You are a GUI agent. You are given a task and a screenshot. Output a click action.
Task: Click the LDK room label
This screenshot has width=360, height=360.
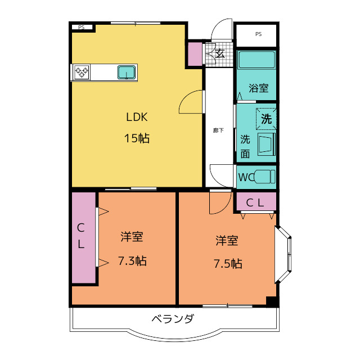tap(137, 117)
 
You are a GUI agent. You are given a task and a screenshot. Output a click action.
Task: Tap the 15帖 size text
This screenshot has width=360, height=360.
tap(137, 138)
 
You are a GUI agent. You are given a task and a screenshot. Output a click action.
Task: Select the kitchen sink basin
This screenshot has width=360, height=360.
tap(127, 72)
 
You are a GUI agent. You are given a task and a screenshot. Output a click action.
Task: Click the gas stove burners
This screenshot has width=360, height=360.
tap(82, 72)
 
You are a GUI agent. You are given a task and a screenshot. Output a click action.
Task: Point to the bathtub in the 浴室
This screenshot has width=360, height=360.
tap(256, 60)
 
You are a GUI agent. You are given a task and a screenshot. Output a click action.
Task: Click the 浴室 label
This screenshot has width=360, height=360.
tap(259, 88)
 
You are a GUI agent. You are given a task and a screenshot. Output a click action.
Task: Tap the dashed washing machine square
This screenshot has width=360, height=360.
tap(266, 119)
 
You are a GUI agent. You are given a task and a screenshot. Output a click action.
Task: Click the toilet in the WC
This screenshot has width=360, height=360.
tap(264, 177)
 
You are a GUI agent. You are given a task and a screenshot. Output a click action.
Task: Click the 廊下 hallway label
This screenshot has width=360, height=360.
tap(218, 130)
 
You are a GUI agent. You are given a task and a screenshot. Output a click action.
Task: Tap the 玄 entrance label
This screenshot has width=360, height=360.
tap(220, 53)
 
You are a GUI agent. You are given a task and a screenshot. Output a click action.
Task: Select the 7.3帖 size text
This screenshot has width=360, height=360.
tap(132, 261)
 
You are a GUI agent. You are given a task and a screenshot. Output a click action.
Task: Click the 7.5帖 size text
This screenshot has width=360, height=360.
tap(228, 263)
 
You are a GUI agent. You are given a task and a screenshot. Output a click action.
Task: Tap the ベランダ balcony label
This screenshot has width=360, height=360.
tap(173, 319)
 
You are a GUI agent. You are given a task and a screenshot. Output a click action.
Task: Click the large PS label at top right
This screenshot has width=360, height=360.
tap(259, 34)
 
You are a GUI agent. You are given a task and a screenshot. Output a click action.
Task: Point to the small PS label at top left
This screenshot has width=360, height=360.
tap(81, 27)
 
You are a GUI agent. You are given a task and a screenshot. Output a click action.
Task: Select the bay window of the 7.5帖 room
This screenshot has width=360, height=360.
tap(283, 254)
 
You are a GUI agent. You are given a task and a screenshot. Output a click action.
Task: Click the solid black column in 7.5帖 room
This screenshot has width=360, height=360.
tap(271, 301)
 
